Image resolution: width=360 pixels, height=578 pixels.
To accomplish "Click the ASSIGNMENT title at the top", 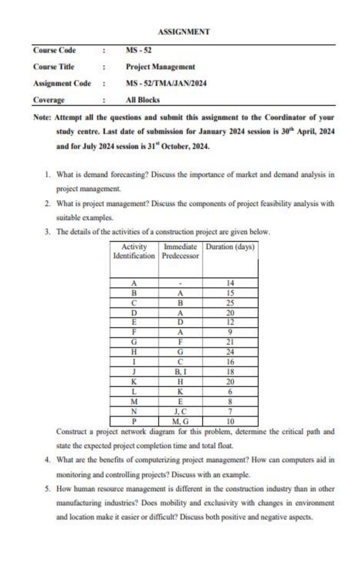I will pos(183,32).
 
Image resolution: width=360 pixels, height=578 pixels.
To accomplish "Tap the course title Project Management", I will pos(160,67).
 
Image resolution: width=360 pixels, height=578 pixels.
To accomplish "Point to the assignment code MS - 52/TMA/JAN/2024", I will pos(166,83).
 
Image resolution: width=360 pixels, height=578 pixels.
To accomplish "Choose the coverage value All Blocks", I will pos(142,100).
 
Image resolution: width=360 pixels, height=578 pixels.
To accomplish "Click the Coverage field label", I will pos(49,100).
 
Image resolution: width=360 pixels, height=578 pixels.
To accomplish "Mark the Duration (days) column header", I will pos(230,247).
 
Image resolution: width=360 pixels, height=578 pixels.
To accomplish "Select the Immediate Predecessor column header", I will pos(180,251).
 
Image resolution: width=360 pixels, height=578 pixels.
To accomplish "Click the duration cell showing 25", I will pos(230,303).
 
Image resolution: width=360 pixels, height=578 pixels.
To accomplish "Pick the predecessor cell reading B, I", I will pos(180,372).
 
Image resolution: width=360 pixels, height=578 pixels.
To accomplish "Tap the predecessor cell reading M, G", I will pos(180,421).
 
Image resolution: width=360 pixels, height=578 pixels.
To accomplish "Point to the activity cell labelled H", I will pos(134,352).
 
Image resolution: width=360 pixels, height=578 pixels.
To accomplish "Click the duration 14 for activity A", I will pos(230,283).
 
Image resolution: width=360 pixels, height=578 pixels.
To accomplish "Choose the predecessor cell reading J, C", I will pos(180,412).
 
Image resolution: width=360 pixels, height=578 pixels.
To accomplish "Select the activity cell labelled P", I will pos(134,421).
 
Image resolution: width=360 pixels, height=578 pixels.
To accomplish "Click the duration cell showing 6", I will pos(230,392).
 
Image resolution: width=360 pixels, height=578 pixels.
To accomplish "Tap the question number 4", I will pos(47,460).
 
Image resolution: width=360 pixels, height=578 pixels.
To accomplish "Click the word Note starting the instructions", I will pos(42,117).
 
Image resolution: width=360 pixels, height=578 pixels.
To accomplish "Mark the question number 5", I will pos(47,489).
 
